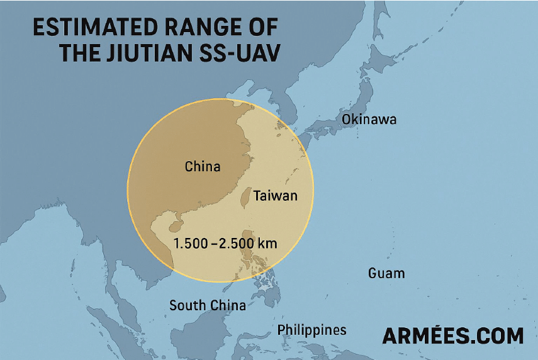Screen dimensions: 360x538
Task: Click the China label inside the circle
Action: [203, 167]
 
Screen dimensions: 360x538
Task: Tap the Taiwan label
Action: [275, 196]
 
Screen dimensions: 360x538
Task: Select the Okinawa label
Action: [369, 119]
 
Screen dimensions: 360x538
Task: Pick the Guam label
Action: [386, 273]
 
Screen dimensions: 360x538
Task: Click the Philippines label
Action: [312, 330]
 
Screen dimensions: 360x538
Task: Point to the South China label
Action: [208, 306]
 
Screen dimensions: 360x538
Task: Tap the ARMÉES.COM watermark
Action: [453, 335]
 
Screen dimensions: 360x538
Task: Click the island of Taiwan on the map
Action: [245, 198]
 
